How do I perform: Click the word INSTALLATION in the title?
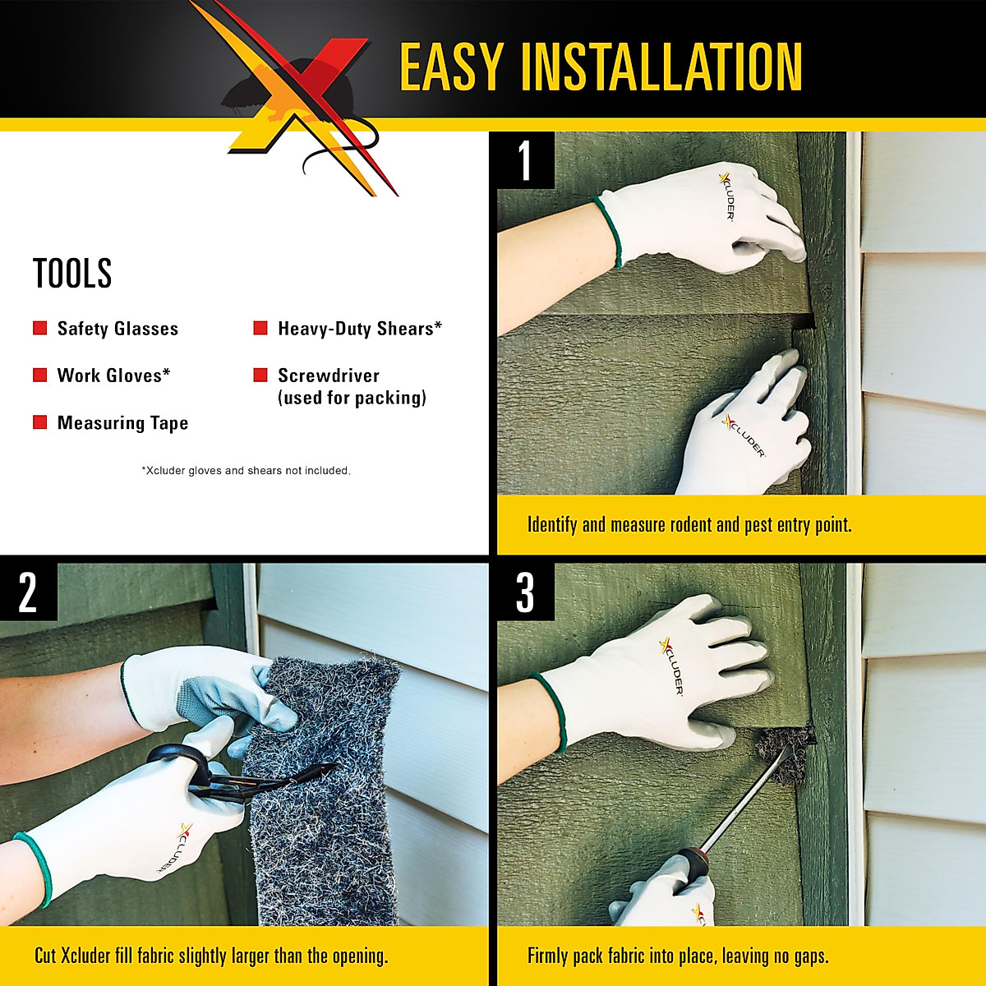click(661, 67)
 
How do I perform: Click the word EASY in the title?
click(451, 67)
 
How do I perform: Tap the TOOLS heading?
click(72, 274)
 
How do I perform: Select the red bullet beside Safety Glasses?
click(39, 329)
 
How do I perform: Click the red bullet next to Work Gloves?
click(39, 376)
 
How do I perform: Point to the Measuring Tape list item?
click(122, 423)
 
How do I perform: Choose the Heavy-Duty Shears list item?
click(359, 329)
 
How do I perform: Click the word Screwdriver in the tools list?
click(329, 376)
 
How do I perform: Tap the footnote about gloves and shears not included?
click(246, 471)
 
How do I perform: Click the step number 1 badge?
click(525, 161)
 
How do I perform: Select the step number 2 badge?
click(28, 592)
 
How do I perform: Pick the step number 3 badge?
click(525, 592)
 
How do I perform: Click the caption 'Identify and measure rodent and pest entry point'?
click(689, 525)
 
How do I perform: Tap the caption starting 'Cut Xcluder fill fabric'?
click(211, 956)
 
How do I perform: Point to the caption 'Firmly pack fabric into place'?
click(678, 956)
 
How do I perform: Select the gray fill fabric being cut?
click(320, 822)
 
